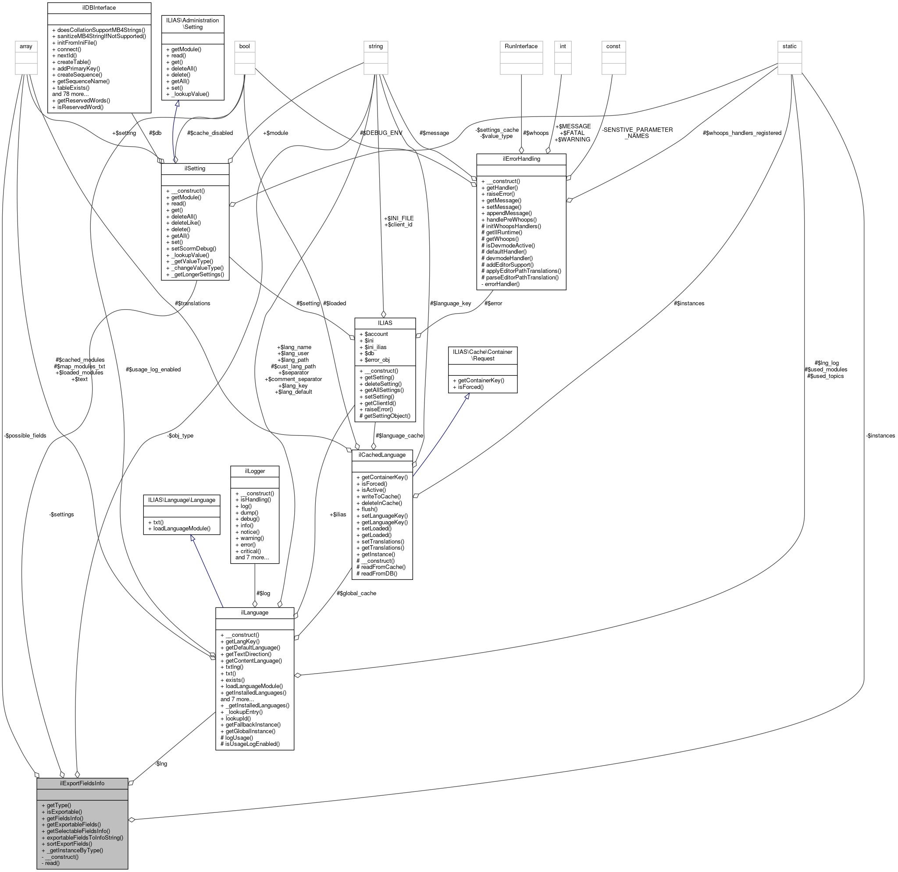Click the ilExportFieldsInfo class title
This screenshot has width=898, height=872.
(x=82, y=784)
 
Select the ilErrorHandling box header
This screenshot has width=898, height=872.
(x=521, y=159)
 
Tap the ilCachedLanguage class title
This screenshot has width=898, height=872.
(x=382, y=455)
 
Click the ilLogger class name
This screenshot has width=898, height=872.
(x=254, y=471)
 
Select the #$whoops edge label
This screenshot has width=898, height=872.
(x=535, y=133)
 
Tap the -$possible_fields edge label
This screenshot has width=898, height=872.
(x=25, y=435)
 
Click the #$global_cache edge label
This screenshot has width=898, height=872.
(x=356, y=593)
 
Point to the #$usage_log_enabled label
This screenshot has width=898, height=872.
(x=153, y=369)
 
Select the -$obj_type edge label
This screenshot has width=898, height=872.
(x=180, y=435)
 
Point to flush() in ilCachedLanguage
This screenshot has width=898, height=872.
(x=370, y=509)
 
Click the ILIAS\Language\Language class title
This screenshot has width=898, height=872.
(x=182, y=500)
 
